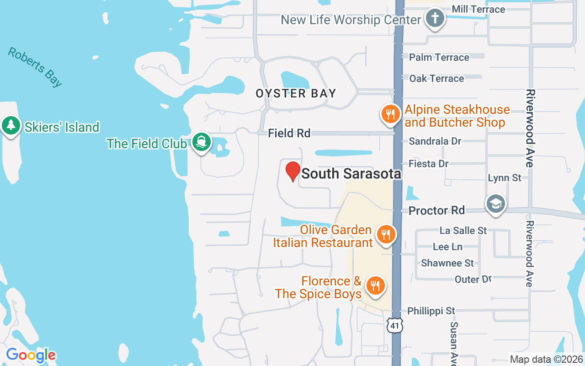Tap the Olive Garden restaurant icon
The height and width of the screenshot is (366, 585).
(386, 234)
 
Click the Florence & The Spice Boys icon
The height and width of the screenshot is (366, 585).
(375, 286)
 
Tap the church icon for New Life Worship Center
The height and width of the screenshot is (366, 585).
(435, 19)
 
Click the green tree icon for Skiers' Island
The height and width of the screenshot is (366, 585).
(11, 124)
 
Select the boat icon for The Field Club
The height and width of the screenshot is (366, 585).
(201, 142)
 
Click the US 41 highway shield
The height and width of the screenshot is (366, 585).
(394, 325)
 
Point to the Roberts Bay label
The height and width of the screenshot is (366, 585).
(35, 67)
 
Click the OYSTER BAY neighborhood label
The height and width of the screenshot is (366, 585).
(296, 93)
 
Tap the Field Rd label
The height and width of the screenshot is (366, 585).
(289, 133)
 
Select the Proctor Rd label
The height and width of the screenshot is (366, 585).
(436, 210)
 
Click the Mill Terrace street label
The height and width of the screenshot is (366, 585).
(478, 9)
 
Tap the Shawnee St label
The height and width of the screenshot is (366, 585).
(447, 263)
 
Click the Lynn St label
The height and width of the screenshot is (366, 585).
(505, 178)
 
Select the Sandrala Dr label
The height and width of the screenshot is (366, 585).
(435, 141)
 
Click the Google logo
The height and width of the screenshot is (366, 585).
(31, 355)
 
